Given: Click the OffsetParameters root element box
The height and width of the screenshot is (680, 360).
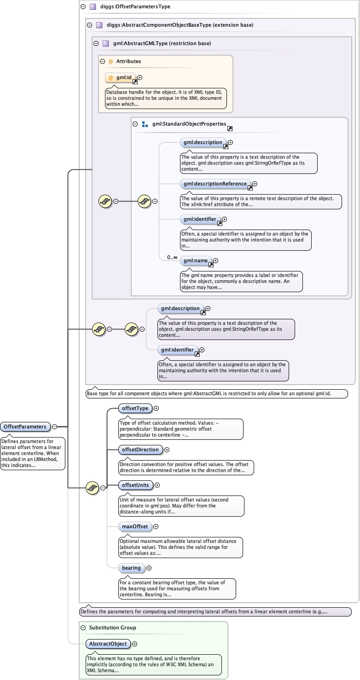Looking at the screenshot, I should pyautogui.click(x=25, y=426).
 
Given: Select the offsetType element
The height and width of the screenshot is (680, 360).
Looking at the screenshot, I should pyautogui.click(x=134, y=408).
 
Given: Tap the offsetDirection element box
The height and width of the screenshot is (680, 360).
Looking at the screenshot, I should pyautogui.click(x=139, y=449).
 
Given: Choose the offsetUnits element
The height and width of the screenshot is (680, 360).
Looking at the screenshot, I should pyautogui.click(x=135, y=485).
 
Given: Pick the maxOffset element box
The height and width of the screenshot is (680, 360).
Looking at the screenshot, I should pyautogui.click(x=134, y=526).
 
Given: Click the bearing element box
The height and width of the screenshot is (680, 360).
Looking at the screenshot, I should pyautogui.click(x=131, y=568).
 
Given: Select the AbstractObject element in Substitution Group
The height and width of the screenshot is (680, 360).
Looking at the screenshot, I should pyautogui.click(x=108, y=644).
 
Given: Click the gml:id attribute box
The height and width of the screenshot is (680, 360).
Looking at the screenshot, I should pyautogui.click(x=121, y=78).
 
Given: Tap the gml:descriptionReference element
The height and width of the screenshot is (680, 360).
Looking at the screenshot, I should pyautogui.click(x=215, y=184).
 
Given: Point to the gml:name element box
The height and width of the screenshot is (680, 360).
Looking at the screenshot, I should pyautogui.click(x=196, y=261).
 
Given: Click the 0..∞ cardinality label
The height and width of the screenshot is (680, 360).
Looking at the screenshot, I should pyautogui.click(x=172, y=257).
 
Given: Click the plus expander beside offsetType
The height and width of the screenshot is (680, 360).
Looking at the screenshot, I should pyautogui.click(x=157, y=408).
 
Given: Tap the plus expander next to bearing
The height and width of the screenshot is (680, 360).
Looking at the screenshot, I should pyautogui.click(x=149, y=568).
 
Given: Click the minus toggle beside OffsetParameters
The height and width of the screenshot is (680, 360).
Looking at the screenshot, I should pyautogui.click(x=54, y=426).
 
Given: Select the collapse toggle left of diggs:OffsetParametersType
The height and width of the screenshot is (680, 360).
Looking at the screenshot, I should pyautogui.click(x=83, y=7).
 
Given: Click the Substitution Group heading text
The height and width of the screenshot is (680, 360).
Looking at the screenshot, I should pyautogui.click(x=112, y=628).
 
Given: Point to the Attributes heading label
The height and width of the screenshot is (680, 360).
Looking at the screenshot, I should pyautogui.click(x=128, y=61).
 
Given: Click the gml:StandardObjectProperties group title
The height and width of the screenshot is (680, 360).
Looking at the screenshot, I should pyautogui.click(x=189, y=124).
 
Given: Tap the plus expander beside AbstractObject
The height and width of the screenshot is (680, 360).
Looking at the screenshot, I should pyautogui.click(x=135, y=644).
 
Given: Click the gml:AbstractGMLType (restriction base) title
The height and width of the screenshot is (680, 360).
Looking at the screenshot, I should pyautogui.click(x=162, y=44).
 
